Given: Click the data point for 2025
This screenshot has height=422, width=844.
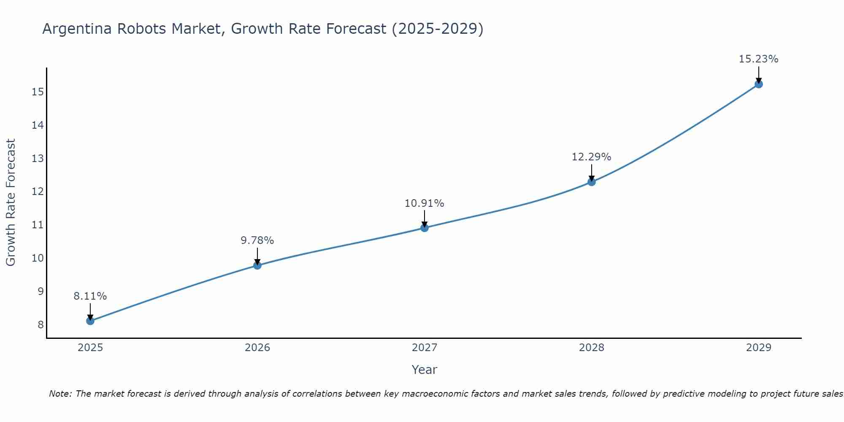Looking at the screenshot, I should coord(90,321).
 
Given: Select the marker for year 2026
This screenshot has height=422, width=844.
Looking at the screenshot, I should coord(257,265).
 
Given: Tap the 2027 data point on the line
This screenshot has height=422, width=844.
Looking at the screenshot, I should coord(425,228).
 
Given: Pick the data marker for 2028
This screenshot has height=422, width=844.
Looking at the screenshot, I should coord(592,182).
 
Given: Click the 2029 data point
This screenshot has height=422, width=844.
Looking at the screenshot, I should coord(758,84).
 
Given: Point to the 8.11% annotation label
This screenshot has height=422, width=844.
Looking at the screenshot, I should coord(90,296).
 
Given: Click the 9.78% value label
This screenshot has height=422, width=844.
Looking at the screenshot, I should coord(257,241).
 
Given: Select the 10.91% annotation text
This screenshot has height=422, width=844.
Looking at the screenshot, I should coord(425,203).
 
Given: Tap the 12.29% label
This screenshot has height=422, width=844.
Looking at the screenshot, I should coord(592,157).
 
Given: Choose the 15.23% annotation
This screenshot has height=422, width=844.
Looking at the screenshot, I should coord(758,59).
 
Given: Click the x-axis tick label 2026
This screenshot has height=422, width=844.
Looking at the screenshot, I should coord(257,348).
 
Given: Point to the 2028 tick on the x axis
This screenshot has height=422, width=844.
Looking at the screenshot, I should coord(592,348).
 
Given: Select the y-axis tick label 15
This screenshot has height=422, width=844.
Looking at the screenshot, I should coord(38,92).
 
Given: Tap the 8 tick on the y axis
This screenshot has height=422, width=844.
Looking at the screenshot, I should coord(41,325).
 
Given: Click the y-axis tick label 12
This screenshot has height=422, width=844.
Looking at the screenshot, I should coord(38,192).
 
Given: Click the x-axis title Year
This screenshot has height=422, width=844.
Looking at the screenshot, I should coord(425,370).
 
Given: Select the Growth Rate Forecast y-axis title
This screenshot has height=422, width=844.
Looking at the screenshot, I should coord(11,203).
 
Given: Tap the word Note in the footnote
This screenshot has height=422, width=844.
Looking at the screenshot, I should coord(60,394).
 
